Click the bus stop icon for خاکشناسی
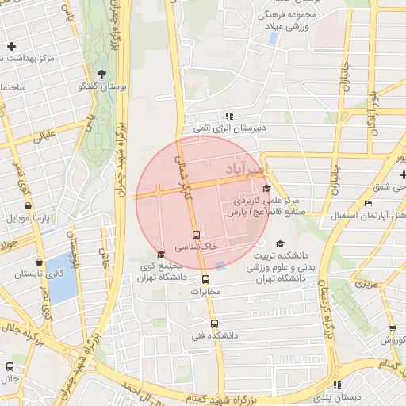point(197,235)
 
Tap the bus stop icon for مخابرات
point(205,279)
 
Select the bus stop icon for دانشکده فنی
point(214,324)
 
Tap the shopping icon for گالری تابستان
point(39,262)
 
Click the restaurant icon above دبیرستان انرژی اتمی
point(229,116)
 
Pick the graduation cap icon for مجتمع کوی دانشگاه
point(162,254)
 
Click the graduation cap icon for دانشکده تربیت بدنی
point(278,244)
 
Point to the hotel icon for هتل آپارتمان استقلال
point(367,204)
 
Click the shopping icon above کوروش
point(392,328)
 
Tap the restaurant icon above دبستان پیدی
point(337,385)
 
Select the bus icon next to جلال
point(10,367)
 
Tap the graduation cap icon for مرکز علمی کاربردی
point(266,189)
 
